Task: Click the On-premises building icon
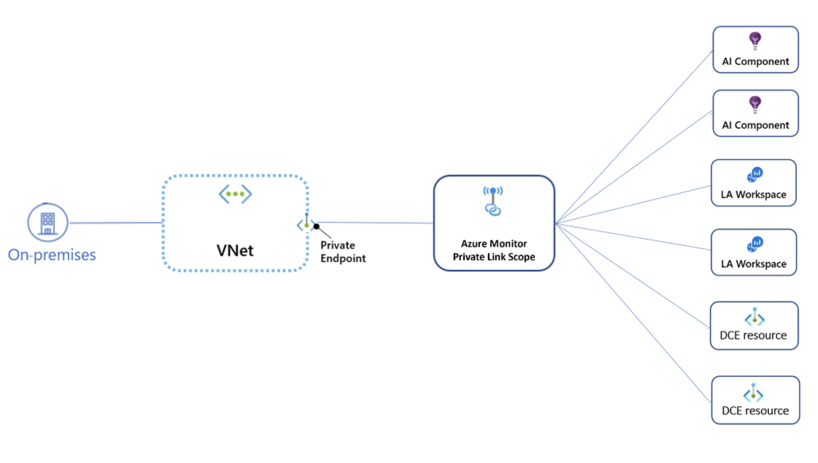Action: click(48, 223)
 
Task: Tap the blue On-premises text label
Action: click(52, 255)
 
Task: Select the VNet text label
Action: click(235, 251)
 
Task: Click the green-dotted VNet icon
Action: click(235, 194)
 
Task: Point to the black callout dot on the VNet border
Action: click(317, 226)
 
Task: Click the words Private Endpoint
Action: click(343, 252)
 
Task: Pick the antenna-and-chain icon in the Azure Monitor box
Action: click(493, 201)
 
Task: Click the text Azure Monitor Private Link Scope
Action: click(494, 250)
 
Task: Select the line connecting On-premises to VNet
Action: click(116, 223)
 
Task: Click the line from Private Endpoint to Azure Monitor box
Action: click(374, 223)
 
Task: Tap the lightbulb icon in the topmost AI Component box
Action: click(755, 40)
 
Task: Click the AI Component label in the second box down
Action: click(755, 125)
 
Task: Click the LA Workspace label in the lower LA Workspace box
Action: click(754, 264)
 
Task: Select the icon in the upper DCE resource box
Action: click(754, 317)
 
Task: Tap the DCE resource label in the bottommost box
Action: click(755, 411)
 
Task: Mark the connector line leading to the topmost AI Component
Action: click(636, 135)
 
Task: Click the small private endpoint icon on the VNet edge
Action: click(306, 224)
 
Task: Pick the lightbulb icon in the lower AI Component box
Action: click(755, 104)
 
